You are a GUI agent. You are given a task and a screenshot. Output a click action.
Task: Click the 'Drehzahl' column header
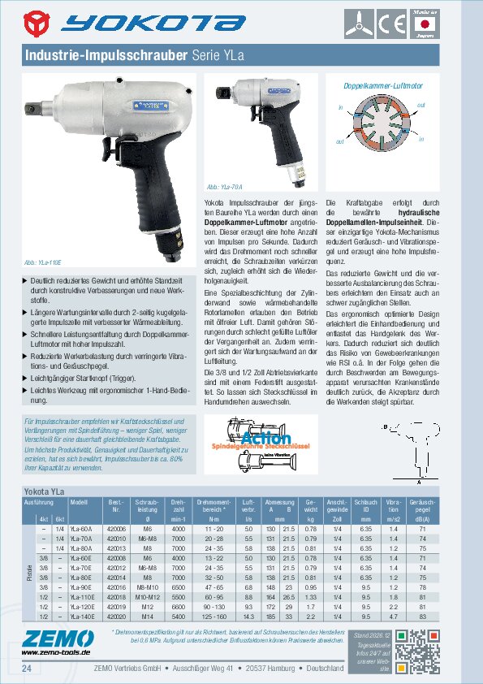click(178, 508)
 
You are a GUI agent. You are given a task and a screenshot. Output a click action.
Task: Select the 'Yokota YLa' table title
click(45, 491)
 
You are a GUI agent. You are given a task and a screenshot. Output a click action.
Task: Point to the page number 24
click(27, 669)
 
